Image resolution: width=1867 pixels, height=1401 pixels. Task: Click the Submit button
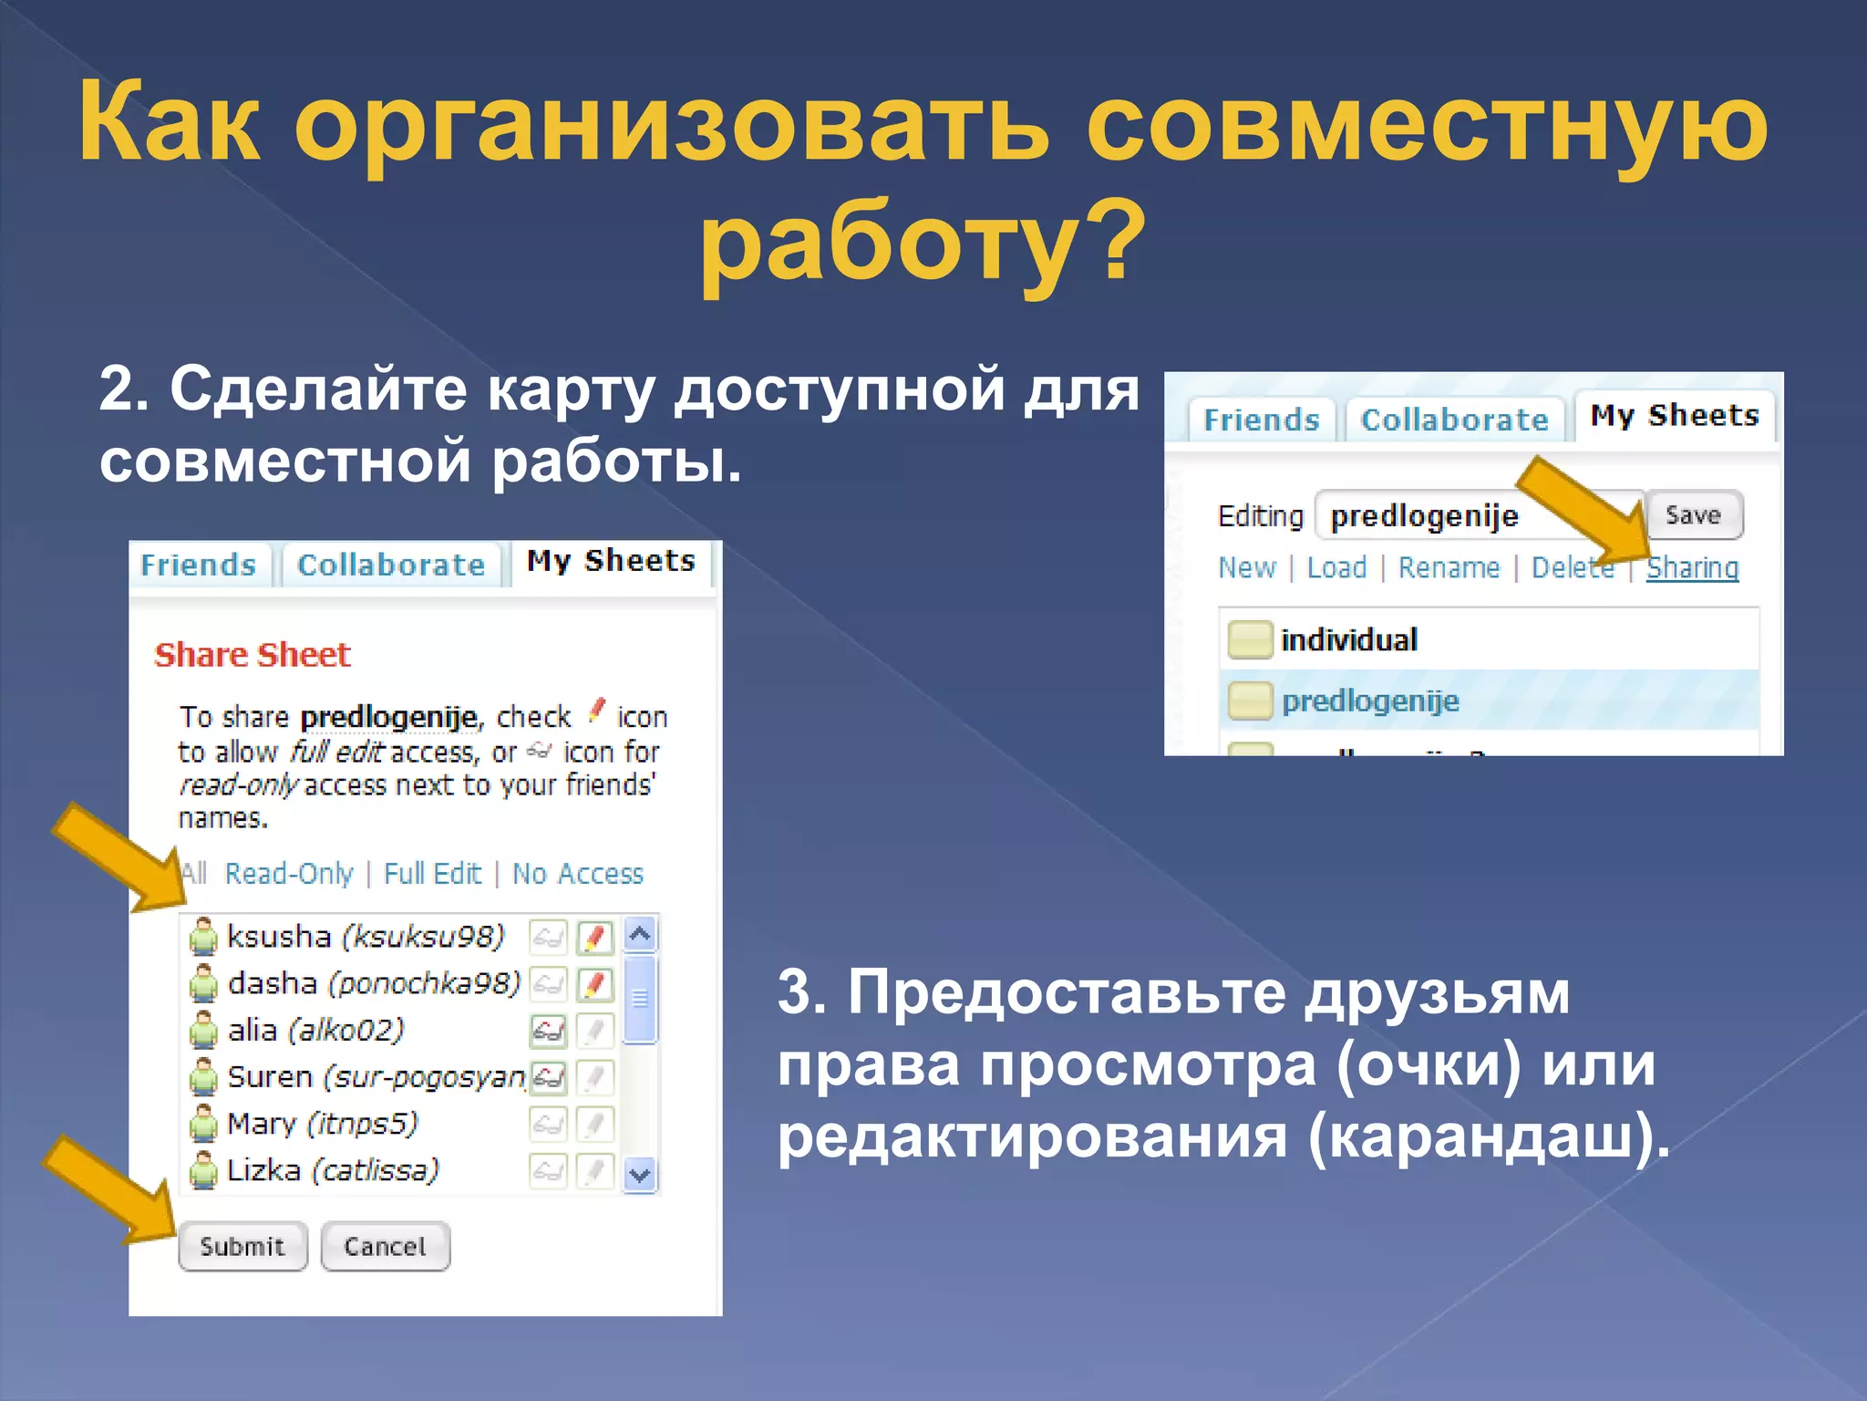242,1246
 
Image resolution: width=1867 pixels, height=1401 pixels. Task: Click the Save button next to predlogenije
1693,515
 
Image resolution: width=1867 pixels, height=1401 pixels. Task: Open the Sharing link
1692,567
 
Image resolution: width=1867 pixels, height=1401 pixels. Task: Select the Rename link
1449,567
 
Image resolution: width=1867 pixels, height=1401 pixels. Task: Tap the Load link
1336,567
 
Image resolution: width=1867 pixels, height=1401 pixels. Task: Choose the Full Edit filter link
432,874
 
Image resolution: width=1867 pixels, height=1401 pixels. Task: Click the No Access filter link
577,874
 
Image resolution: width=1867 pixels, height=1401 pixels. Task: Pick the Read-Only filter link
289,874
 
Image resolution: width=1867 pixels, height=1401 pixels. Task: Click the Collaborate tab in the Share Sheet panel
391,565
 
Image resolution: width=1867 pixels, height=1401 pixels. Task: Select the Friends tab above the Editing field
1261,420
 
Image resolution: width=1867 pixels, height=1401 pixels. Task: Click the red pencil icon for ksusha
594,937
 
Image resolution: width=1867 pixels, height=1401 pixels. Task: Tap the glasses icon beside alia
548,1032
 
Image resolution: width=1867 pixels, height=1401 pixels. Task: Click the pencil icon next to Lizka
594,1170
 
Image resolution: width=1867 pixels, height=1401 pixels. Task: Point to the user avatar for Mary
202,1125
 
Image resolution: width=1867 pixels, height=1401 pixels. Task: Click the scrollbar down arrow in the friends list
640,1175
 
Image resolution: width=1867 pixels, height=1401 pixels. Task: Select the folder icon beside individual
1249,639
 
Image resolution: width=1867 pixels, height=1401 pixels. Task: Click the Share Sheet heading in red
253,655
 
